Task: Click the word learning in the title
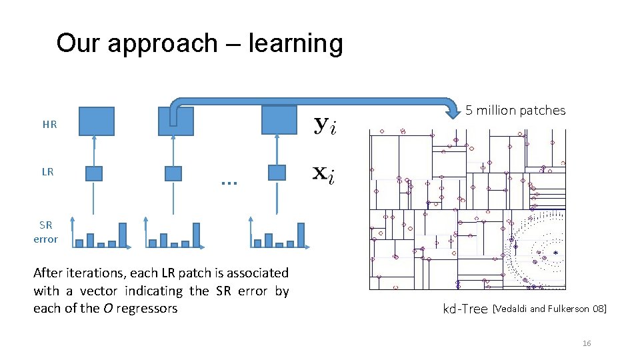[x=295, y=44]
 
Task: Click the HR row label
[x=49, y=124]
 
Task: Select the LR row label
[x=47, y=171]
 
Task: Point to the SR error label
[x=45, y=232]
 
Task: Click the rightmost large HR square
[x=279, y=120]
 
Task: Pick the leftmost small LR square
[x=94, y=173]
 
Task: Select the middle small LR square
[x=173, y=173]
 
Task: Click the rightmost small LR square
[x=277, y=173]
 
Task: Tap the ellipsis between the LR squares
[x=229, y=181]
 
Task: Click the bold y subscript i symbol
[x=325, y=125]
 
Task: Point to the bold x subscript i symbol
[x=325, y=175]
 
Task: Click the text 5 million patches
[x=515, y=111]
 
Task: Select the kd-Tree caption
[x=465, y=309]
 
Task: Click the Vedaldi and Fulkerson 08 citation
[x=549, y=309]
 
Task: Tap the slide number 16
[x=587, y=343]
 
